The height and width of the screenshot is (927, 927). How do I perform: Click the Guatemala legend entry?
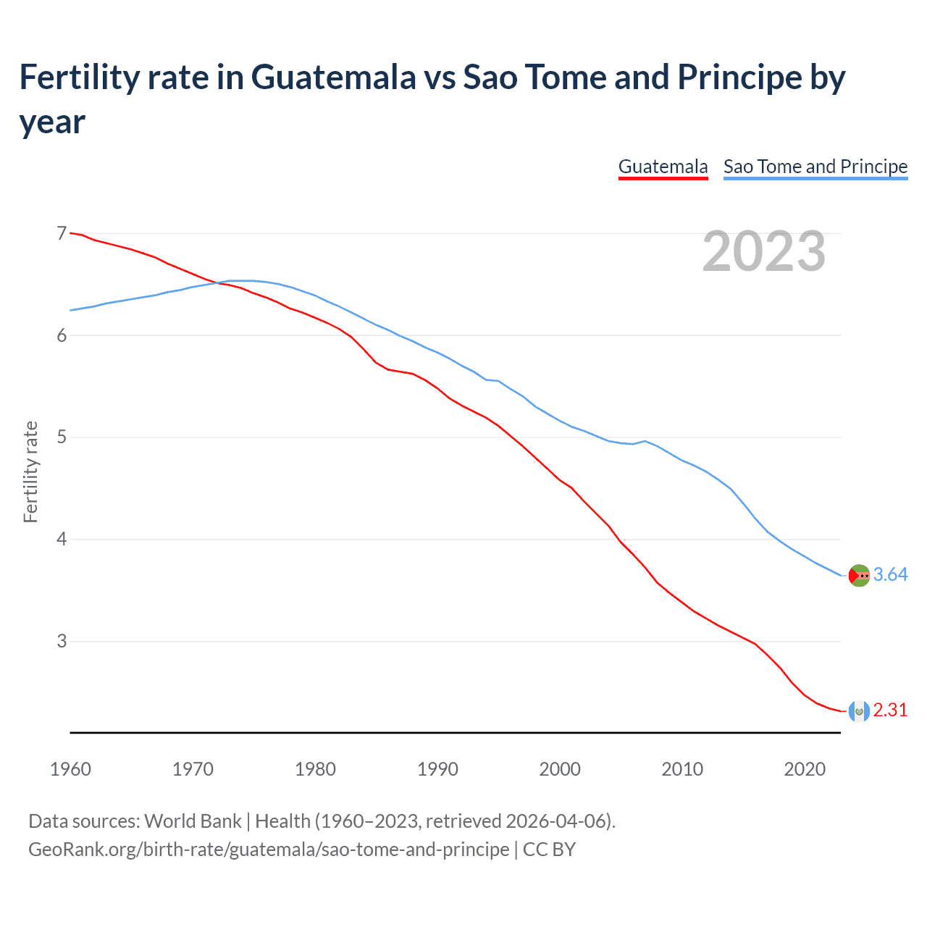tap(663, 167)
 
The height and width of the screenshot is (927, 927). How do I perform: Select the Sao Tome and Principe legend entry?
tap(815, 167)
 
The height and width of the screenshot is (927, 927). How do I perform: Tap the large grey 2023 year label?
tap(764, 251)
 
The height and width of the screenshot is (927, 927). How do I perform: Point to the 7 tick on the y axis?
tap(62, 233)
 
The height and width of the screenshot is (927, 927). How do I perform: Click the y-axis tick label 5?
tap(62, 437)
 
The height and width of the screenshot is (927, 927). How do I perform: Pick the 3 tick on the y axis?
tap(62, 641)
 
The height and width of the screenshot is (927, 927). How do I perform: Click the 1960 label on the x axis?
tap(70, 769)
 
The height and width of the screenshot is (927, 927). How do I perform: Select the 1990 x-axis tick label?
tap(437, 769)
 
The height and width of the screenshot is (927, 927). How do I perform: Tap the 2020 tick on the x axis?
tap(805, 769)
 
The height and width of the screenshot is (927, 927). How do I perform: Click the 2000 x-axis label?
tap(560, 769)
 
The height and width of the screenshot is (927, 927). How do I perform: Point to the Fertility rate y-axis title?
tap(30, 471)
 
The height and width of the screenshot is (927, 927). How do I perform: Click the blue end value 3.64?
tap(890, 575)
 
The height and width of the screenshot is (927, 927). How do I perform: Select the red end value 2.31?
tap(890, 710)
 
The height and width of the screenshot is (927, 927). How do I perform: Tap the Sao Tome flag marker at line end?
tap(859, 575)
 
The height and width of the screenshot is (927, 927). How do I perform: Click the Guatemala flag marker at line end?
tap(859, 711)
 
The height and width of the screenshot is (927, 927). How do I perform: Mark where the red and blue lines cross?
tap(217, 283)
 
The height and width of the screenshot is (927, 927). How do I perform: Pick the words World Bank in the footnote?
tap(193, 821)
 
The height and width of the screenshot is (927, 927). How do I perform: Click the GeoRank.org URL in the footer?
tap(268, 850)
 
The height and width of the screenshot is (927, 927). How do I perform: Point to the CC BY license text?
tap(549, 850)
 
